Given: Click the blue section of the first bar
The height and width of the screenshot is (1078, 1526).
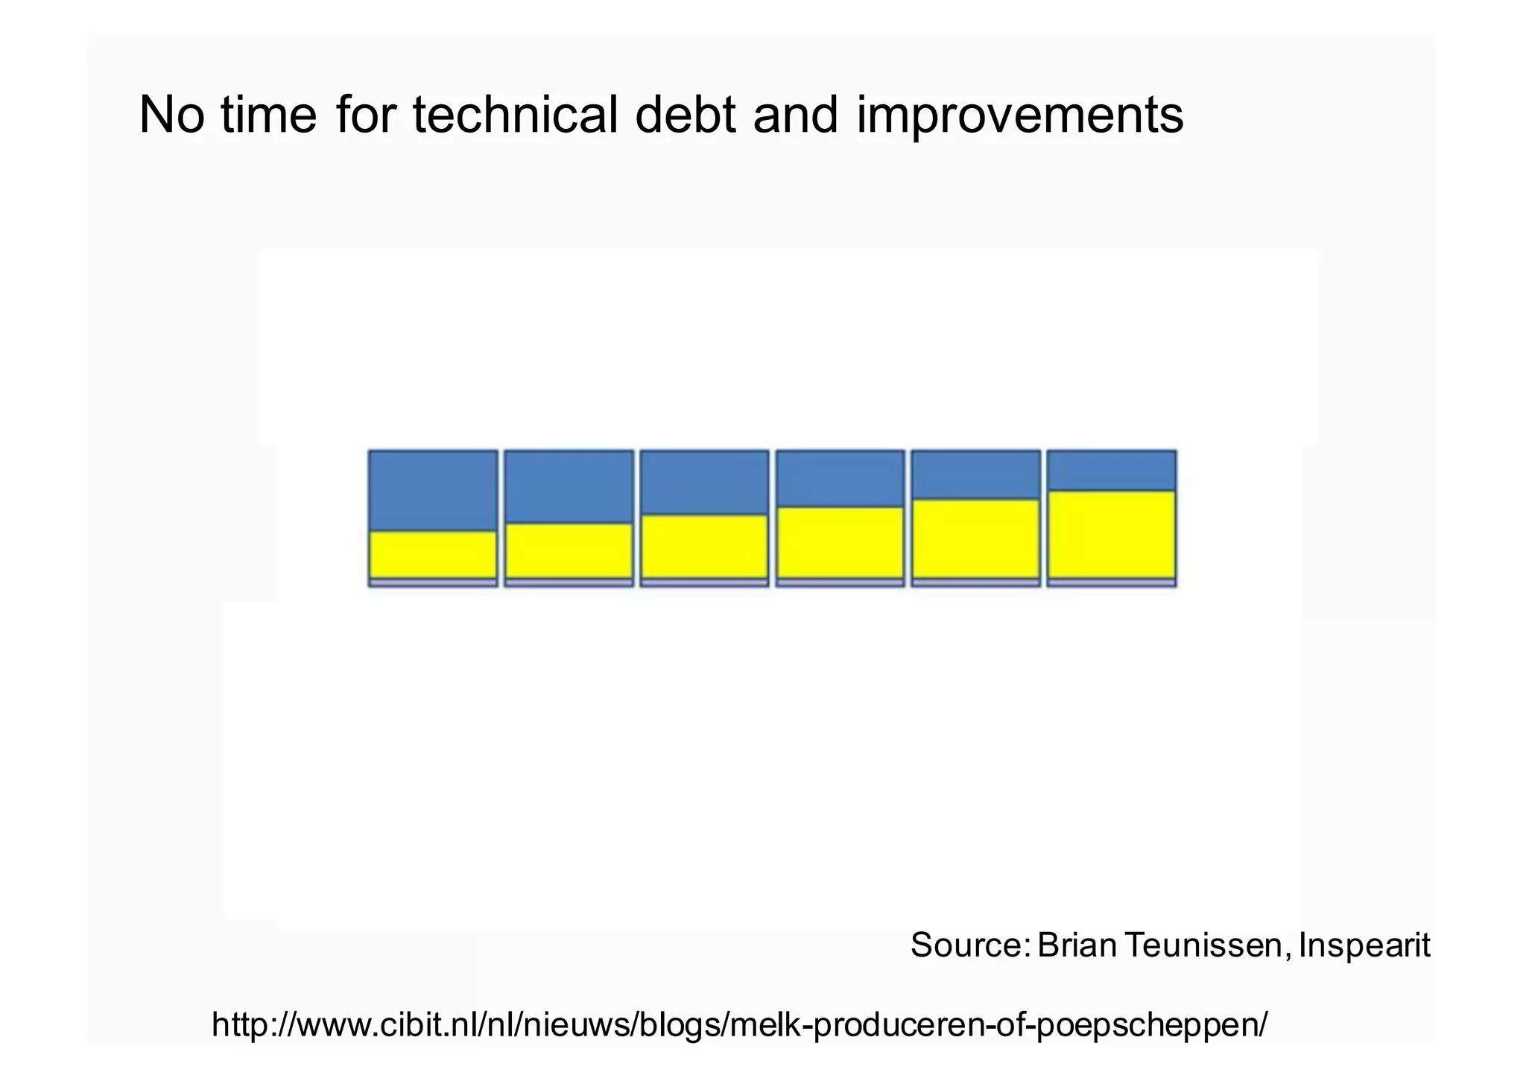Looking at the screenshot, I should pyautogui.click(x=433, y=490).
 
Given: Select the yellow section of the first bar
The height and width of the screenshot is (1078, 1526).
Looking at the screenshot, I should pyautogui.click(x=433, y=554).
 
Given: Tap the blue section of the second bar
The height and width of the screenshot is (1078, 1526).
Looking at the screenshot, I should pyautogui.click(x=569, y=486).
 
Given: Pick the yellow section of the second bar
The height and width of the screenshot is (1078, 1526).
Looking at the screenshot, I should pyautogui.click(x=569, y=551).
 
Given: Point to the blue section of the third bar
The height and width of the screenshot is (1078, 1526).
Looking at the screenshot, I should pyautogui.click(x=704, y=482).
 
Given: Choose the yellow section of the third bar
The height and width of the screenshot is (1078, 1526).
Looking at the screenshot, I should pyautogui.click(x=704, y=546).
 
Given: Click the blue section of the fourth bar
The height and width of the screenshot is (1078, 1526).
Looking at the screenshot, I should pyautogui.click(x=840, y=478).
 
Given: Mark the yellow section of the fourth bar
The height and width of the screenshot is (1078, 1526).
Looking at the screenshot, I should pyautogui.click(x=840, y=542).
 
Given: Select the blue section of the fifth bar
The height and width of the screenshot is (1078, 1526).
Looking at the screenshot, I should pyautogui.click(x=975, y=475).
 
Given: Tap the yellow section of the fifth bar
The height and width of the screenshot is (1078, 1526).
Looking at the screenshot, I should pyautogui.click(x=975, y=539).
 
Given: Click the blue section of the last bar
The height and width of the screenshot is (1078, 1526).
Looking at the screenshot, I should pyautogui.click(x=1111, y=470).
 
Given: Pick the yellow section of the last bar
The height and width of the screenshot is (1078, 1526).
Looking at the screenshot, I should pyautogui.click(x=1111, y=534).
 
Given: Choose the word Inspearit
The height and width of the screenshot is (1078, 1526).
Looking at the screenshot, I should pyautogui.click(x=1364, y=946).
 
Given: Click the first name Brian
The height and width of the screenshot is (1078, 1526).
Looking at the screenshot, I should pyautogui.click(x=1077, y=945).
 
